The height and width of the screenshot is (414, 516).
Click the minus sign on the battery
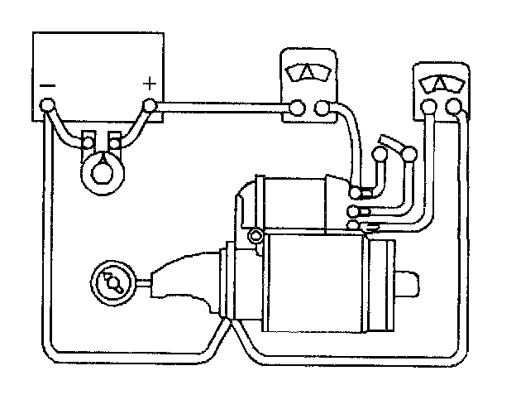(47, 84)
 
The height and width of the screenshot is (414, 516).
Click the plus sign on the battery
(150, 83)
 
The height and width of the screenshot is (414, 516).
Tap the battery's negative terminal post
(48, 105)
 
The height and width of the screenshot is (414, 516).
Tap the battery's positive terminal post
(150, 105)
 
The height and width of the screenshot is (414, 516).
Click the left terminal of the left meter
(298, 106)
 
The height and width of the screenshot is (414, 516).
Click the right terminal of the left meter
(322, 106)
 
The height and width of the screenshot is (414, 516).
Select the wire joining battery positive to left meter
(223, 106)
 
